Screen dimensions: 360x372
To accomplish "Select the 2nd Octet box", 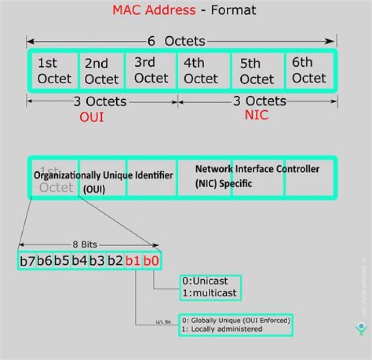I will coord(101,71).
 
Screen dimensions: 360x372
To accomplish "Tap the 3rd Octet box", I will coord(151,70).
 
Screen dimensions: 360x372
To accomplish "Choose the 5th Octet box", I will coord(257,71).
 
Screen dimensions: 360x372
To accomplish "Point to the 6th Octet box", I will coord(309,70).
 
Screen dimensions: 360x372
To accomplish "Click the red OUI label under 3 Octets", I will coord(91,117).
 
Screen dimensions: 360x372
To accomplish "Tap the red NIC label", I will coord(256,115).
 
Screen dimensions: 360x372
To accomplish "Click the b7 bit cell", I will coord(27,260).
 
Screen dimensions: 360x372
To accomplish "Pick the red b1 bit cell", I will coord(133,260).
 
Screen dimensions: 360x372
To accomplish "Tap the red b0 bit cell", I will coord(151,260).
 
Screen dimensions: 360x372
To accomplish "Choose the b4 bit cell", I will coord(80,260).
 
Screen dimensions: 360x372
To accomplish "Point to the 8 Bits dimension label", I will coord(85,244).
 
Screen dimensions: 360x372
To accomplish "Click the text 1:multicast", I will coord(209,293).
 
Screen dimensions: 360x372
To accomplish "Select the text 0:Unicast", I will coord(206,282).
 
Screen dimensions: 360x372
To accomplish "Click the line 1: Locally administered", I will coord(222,329).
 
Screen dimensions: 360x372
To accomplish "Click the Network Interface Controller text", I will coord(257,169).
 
